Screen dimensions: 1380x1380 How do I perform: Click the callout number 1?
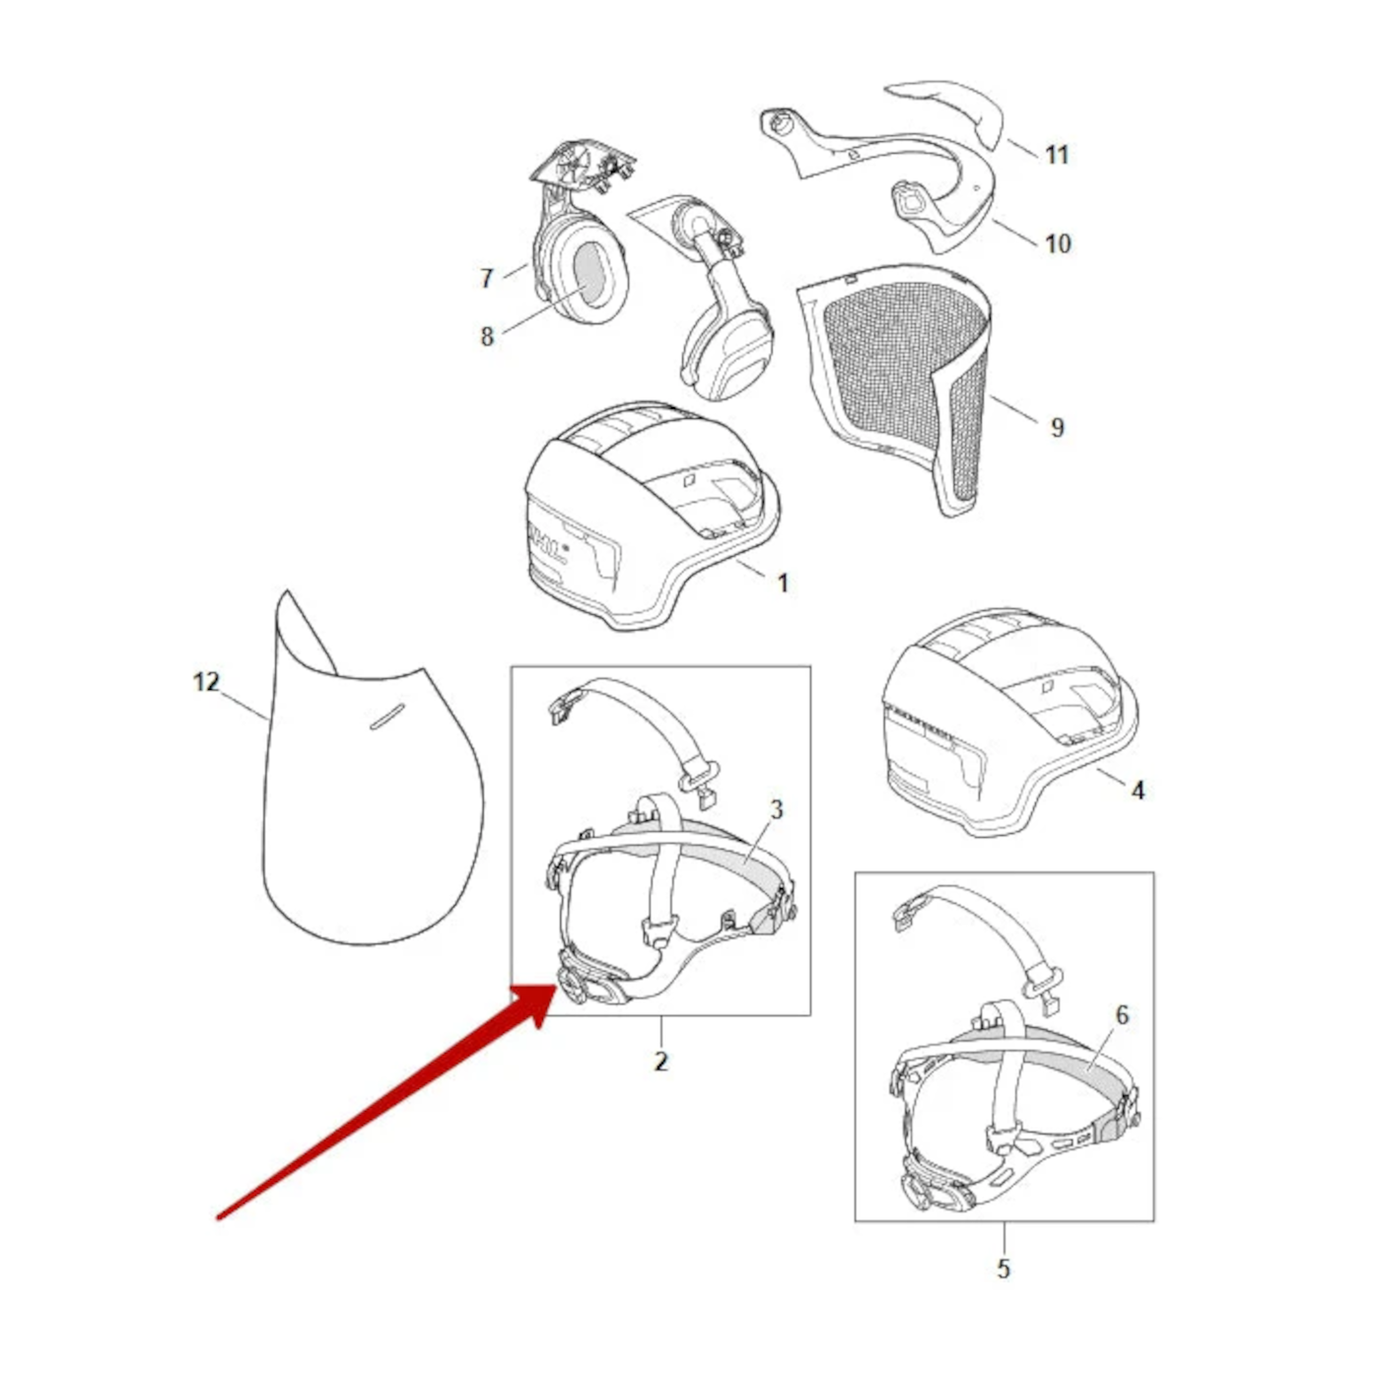783,584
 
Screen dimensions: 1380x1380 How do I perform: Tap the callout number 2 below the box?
661,1061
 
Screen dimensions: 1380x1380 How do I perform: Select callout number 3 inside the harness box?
776,810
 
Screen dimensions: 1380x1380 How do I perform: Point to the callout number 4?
1138,791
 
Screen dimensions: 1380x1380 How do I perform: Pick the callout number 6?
1122,1014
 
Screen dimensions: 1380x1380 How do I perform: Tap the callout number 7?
487,278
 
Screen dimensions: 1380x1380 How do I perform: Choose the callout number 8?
487,336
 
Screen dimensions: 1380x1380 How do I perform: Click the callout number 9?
1057,428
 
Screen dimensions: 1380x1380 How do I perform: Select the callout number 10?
1058,243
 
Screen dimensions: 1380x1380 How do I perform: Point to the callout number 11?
1057,155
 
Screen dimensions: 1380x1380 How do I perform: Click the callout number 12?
206,681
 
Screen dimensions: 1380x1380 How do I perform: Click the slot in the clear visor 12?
386,716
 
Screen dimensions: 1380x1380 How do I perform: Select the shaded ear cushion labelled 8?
589,273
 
